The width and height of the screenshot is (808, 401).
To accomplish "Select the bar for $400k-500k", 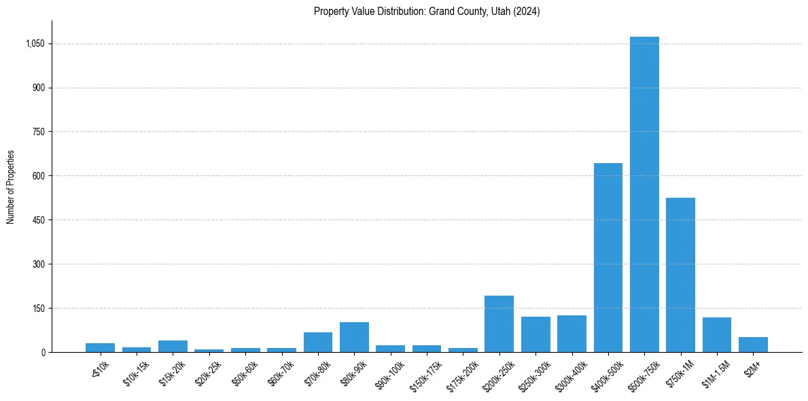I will click(x=608, y=258).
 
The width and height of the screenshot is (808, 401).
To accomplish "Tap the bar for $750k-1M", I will click(x=680, y=275).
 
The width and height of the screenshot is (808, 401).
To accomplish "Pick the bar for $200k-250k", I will click(x=499, y=324).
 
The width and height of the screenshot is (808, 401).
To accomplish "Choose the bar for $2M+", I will click(x=753, y=345).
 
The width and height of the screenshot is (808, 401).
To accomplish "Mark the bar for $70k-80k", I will click(x=318, y=342).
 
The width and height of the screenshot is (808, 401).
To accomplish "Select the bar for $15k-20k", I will click(x=173, y=346).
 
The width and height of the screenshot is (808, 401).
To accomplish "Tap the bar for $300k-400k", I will click(x=572, y=334).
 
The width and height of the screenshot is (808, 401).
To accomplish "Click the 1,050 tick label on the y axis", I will click(x=35, y=43).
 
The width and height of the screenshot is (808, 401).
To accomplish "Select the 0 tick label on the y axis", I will click(x=43, y=352).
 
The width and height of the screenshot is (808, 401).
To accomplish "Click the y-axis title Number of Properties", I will click(x=11, y=186).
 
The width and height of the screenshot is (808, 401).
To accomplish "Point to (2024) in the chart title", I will click(x=527, y=12).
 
